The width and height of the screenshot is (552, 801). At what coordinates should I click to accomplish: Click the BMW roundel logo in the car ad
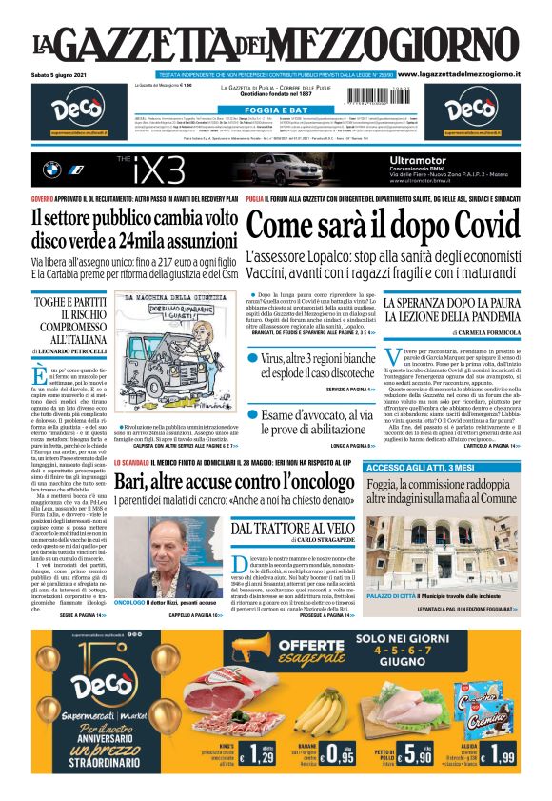52,170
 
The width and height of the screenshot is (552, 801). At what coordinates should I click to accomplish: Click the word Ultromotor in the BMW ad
424,160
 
